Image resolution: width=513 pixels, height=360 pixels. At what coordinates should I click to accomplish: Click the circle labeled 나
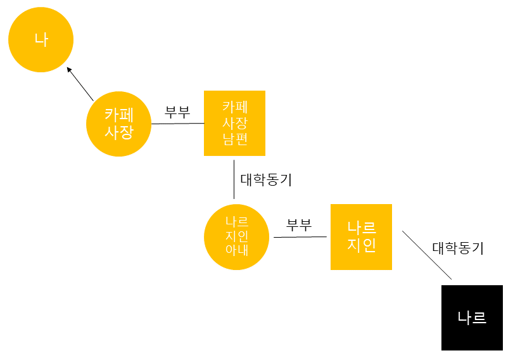tap(41, 40)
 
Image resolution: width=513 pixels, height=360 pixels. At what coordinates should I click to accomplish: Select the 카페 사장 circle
tap(118, 124)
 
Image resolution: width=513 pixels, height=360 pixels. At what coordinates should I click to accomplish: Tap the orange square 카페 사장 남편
tap(234, 123)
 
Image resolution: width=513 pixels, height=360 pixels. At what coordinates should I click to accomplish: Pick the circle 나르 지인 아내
tap(236, 236)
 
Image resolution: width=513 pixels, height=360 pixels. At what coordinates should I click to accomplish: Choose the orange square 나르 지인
tap(361, 236)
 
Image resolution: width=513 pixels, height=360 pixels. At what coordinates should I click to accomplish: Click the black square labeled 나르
tap(472, 318)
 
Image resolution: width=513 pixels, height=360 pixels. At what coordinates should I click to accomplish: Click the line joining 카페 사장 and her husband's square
tap(177, 124)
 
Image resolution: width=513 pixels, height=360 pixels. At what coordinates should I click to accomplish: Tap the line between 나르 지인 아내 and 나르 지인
tap(300, 237)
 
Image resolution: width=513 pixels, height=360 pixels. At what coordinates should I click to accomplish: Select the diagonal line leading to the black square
tap(427, 255)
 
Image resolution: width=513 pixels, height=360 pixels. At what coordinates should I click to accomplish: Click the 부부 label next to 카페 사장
tap(177, 112)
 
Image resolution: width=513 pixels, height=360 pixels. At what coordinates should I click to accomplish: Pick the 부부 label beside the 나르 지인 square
tap(299, 224)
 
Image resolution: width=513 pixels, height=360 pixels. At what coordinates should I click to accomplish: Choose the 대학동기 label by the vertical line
tap(266, 179)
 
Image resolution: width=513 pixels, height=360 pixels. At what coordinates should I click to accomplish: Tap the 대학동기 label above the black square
tap(458, 248)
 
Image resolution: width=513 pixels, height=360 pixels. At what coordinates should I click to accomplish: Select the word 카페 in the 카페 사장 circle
tap(118, 115)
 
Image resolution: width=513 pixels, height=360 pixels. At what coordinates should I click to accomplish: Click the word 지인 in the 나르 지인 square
tap(361, 245)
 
